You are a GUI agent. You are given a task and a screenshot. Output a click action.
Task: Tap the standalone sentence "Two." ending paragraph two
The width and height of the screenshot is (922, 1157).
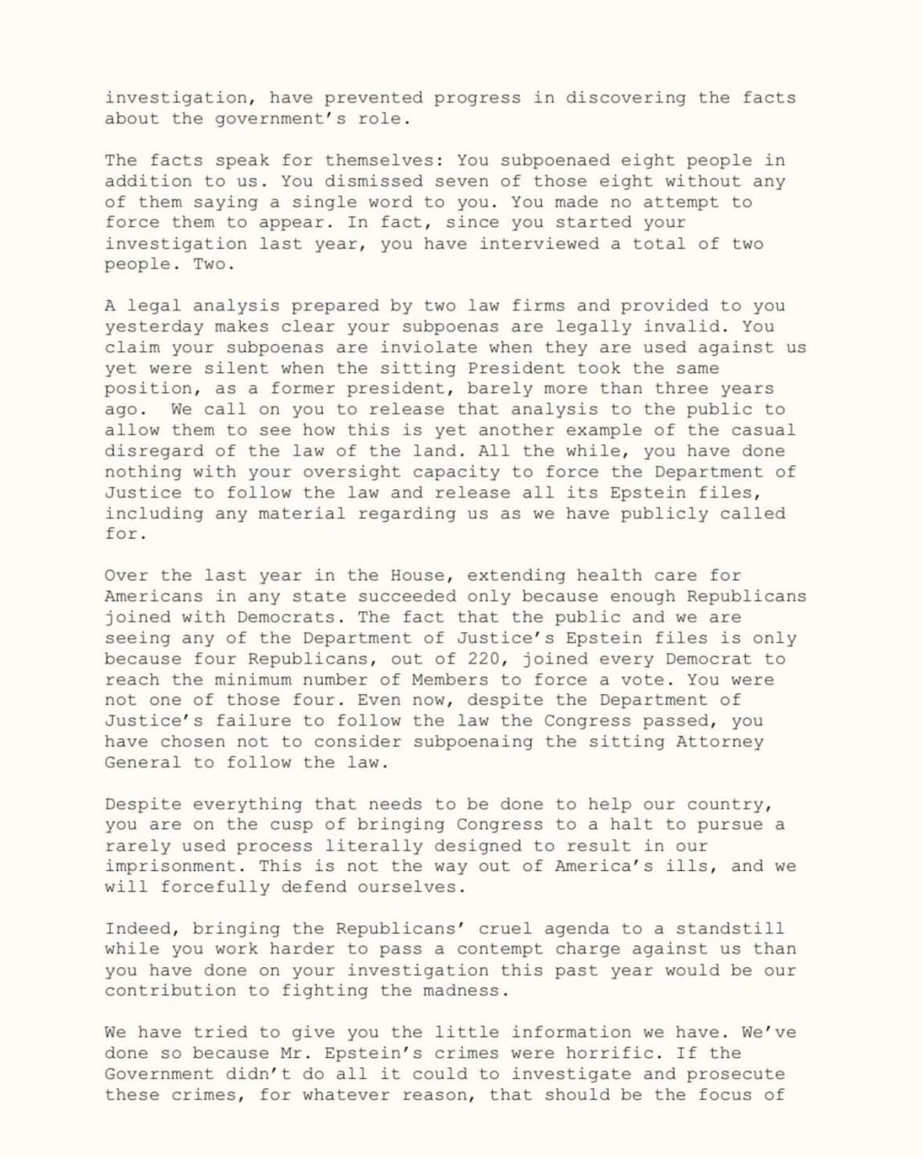coord(213,264)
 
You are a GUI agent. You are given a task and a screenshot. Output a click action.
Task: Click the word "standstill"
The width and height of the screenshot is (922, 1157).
coord(730,929)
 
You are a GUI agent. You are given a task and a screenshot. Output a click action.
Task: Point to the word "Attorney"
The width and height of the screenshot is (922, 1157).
coord(719,742)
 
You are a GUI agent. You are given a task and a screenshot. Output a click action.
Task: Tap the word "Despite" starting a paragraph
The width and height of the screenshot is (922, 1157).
coord(142,804)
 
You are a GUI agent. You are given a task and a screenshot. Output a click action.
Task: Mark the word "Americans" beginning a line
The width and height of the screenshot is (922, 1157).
coord(153,596)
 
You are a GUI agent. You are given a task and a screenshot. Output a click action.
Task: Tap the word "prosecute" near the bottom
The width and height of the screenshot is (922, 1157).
coord(735,1074)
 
